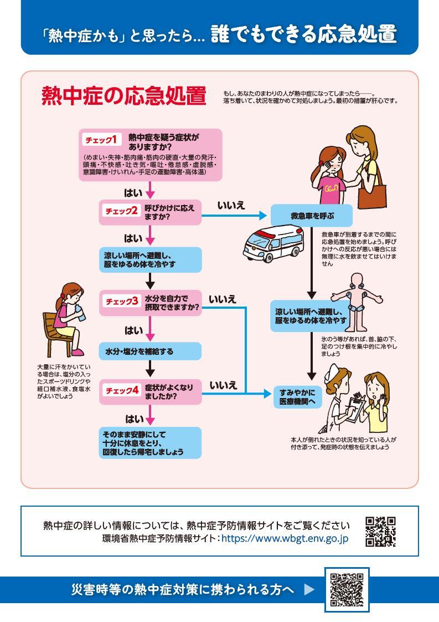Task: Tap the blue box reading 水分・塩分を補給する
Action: click(x=149, y=351)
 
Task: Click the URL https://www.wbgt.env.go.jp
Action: click(x=285, y=538)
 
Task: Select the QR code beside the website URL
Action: click(x=380, y=531)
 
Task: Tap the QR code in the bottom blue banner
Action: click(x=347, y=590)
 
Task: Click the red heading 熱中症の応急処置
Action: click(x=123, y=96)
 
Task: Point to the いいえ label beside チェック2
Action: click(x=231, y=206)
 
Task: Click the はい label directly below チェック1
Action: click(x=133, y=193)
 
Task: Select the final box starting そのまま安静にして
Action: click(x=149, y=443)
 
